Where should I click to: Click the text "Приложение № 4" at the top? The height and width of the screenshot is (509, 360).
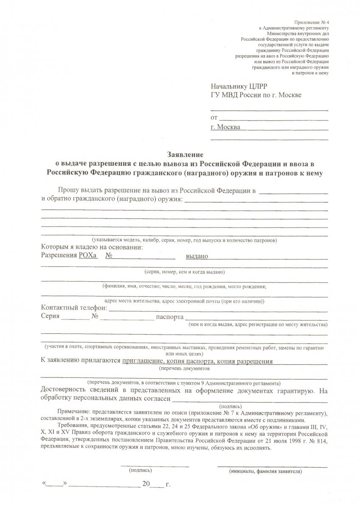[311, 22]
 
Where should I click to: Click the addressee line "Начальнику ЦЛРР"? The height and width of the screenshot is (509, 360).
[239, 86]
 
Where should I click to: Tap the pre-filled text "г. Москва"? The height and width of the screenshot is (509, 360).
[225, 127]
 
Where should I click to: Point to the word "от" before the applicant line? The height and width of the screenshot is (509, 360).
[214, 117]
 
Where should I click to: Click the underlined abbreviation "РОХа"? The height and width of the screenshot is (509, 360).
[88, 256]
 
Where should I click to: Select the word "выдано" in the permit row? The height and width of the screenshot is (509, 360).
[197, 256]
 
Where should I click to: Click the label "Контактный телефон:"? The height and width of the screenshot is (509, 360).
[74, 308]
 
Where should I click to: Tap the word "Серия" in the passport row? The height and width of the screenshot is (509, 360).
[50, 316]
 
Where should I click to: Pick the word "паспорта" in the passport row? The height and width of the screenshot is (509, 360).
[170, 317]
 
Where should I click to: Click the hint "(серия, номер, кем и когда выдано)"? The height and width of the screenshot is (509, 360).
[184, 271]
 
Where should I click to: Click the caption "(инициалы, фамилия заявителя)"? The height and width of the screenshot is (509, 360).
[265, 471]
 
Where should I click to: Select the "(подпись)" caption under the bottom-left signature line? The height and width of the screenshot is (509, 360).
[140, 470]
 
